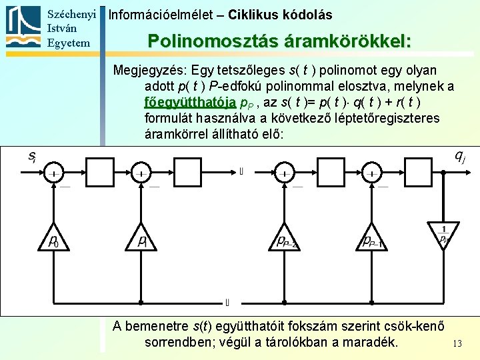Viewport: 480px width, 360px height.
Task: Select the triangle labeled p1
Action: (141, 239)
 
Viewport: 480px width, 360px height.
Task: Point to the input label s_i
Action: (31, 157)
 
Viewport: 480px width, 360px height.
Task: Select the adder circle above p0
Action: (55, 173)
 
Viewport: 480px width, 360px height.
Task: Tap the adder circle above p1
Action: (141, 173)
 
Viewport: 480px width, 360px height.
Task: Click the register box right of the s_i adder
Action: (100, 173)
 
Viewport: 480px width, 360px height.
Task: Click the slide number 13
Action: (457, 343)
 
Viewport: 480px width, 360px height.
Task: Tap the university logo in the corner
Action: (25, 27)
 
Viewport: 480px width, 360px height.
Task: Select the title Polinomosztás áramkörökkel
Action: (279, 41)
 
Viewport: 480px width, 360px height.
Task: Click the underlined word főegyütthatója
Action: (190, 102)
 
